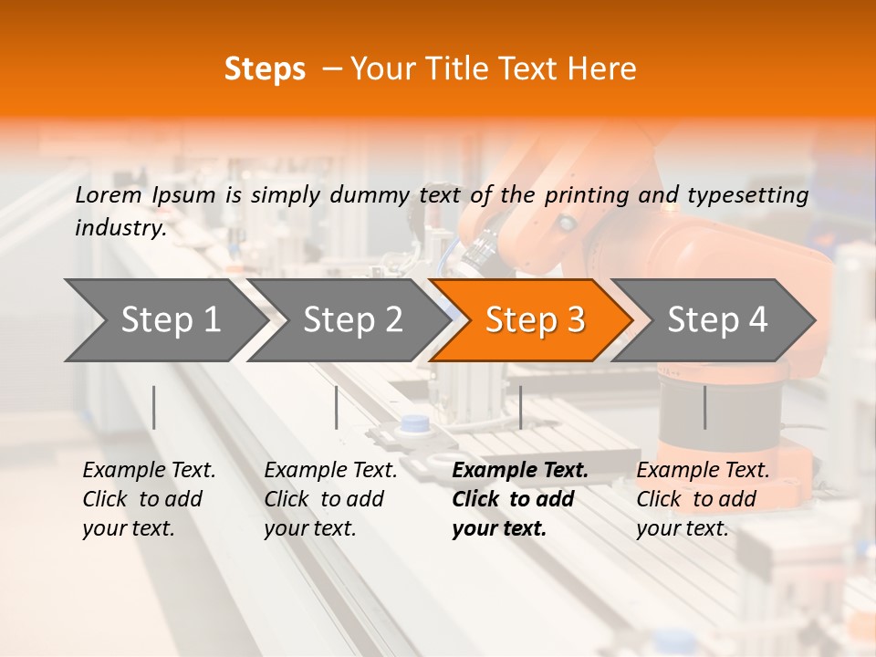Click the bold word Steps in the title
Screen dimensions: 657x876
click(265, 69)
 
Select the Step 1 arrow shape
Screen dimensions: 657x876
click(164, 320)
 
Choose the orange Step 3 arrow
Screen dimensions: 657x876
click(534, 320)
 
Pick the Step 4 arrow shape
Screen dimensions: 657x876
click(716, 320)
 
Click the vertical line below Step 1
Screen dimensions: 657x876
click(154, 407)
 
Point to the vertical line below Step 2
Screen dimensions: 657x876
click(337, 407)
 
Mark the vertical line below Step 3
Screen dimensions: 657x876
click(520, 407)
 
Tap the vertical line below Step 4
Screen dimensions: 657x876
click(704, 407)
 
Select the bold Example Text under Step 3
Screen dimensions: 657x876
click(520, 471)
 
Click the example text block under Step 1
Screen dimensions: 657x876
click(149, 499)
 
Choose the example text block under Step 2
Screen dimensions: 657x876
click(330, 499)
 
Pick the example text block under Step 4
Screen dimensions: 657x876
click(703, 499)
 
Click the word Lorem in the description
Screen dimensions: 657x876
click(109, 194)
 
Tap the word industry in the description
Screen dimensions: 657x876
click(120, 228)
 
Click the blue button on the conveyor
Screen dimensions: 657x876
click(415, 424)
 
